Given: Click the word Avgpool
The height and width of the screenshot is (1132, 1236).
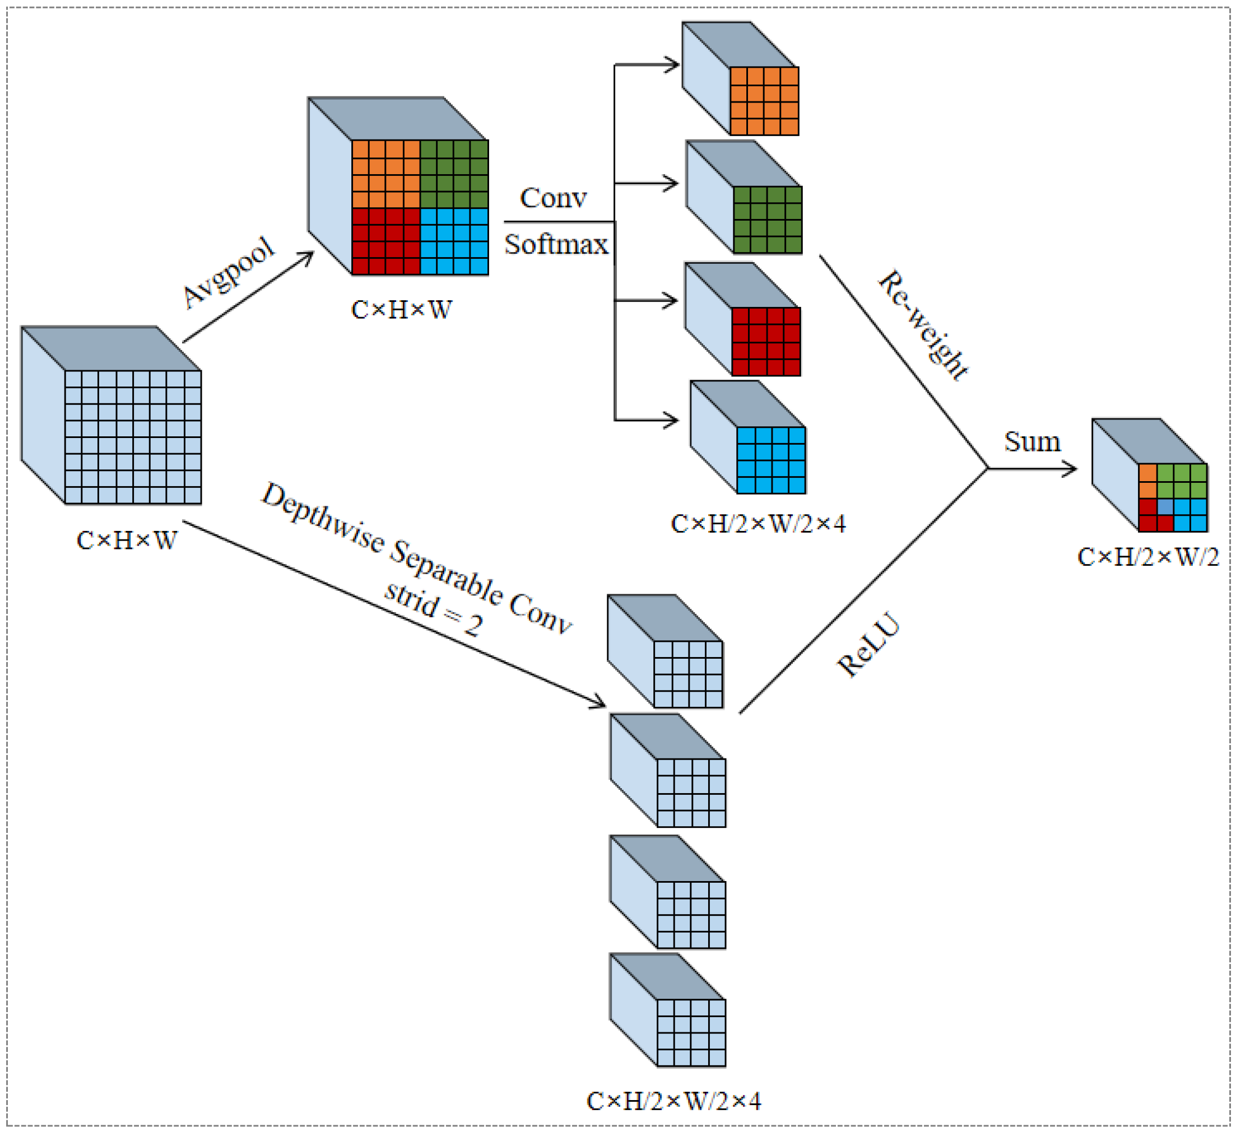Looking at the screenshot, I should point(229,272).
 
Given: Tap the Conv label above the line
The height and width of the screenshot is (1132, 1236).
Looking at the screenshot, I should point(553,198).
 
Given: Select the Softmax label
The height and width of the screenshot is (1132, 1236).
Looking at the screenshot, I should point(556,245).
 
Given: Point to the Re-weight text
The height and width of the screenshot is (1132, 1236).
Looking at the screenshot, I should point(923,325).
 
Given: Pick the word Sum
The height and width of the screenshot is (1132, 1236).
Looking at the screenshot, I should point(1032,442).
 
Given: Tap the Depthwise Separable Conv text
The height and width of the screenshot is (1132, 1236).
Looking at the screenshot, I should point(417,558).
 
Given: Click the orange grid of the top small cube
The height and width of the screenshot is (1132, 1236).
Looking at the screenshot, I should point(764,101).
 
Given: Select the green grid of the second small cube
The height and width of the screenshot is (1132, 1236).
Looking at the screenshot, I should point(767,220).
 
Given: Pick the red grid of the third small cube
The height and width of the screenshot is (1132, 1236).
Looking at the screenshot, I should point(766,341).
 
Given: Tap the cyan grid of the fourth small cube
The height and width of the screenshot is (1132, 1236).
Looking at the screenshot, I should point(770,460).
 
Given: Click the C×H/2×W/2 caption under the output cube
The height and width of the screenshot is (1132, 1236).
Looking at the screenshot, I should point(1147,557).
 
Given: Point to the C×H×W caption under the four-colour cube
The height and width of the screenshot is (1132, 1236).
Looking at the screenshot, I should point(402,310).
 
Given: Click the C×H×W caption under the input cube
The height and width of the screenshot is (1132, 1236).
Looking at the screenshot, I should point(127,541).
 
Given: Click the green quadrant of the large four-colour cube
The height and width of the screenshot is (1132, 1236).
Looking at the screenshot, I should point(454,174).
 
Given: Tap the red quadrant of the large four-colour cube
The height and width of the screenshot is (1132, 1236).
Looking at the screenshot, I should point(385,241).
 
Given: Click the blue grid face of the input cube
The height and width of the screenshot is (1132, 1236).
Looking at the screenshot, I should point(132,437).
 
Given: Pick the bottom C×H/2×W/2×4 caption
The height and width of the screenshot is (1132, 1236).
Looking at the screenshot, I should point(673,1101).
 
